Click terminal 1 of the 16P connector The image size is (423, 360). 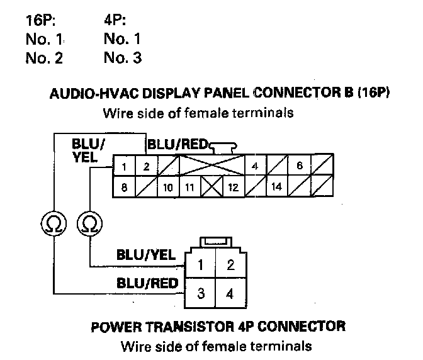tap(125, 167)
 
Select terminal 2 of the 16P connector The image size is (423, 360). tap(146, 167)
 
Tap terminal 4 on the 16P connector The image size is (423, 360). tap(255, 167)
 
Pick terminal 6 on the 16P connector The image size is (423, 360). tap(300, 167)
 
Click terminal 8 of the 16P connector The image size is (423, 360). tap(125, 187)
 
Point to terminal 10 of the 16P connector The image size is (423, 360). tap(168, 187)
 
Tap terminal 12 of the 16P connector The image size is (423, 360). tap(232, 187)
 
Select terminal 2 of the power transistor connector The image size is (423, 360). tap(230, 264)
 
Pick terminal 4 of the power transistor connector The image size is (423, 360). tap(230, 293)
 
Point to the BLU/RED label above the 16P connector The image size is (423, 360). tap(178, 145)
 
